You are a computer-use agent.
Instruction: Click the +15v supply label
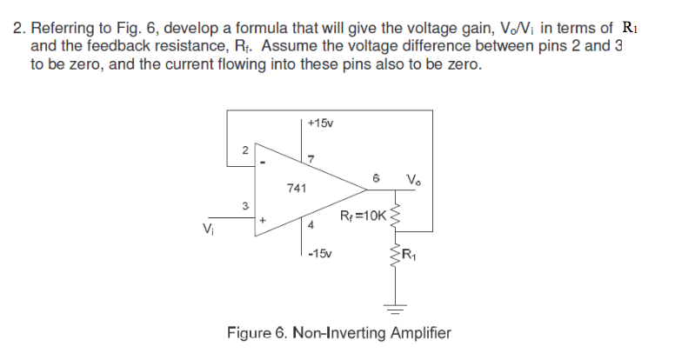coord(320,124)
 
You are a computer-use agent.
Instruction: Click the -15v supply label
coord(320,253)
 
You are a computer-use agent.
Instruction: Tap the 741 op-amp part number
coord(296,188)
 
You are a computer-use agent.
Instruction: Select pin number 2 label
coord(245,150)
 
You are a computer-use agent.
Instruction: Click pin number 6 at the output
coord(375,178)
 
